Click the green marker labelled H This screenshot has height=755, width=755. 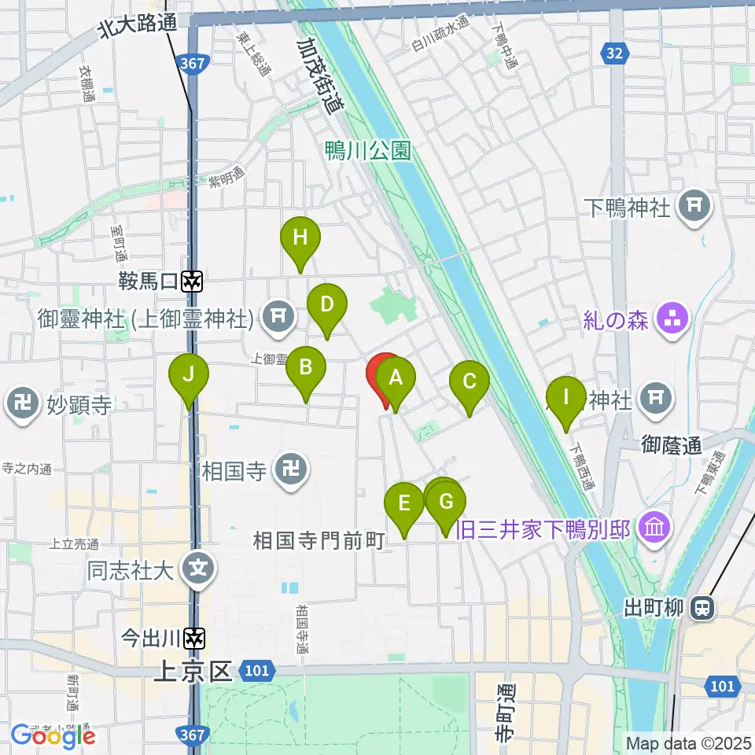click(x=300, y=238)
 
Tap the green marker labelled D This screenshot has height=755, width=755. click(x=327, y=304)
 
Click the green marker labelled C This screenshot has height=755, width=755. click(x=470, y=382)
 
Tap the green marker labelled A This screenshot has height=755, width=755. click(x=396, y=378)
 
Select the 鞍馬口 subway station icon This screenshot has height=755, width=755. click(x=192, y=280)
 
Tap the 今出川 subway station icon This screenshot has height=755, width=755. click(x=192, y=639)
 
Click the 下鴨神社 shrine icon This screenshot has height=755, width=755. click(x=694, y=207)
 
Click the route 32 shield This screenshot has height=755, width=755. click(x=615, y=53)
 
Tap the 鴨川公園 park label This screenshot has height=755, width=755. click(x=368, y=150)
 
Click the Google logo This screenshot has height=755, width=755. click(x=53, y=735)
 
